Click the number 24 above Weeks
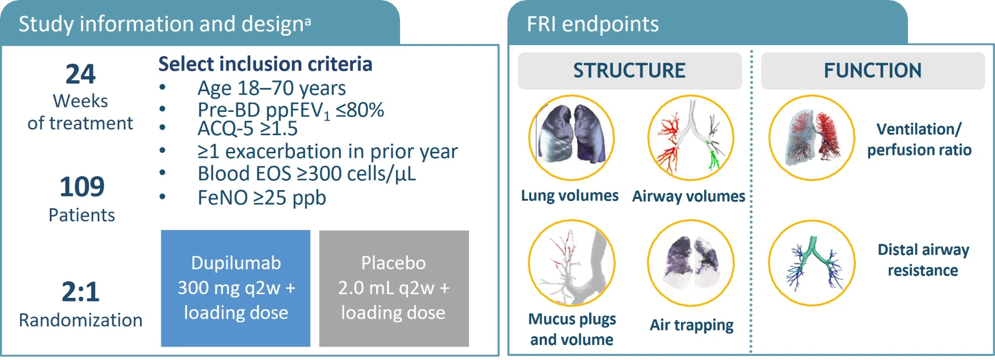pyautogui.click(x=80, y=74)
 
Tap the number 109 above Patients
pyautogui.click(x=82, y=186)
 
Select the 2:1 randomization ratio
pyautogui.click(x=80, y=292)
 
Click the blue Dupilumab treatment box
pyautogui.click(x=236, y=288)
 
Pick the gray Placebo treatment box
pyautogui.click(x=394, y=288)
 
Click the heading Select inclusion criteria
pyautogui.click(x=265, y=64)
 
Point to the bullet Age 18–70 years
pyautogui.click(x=272, y=89)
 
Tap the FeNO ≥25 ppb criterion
pyautogui.click(x=262, y=198)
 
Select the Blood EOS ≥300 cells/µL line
pyautogui.click(x=307, y=174)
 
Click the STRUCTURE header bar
pyautogui.click(x=630, y=71)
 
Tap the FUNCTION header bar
pyautogui.click(x=873, y=71)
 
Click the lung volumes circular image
pyautogui.click(x=571, y=138)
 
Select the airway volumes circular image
pyautogui.click(x=691, y=138)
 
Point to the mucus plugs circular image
pyautogui.click(x=572, y=263)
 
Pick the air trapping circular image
pyautogui.click(x=691, y=263)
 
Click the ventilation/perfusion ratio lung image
pyautogui.click(x=812, y=138)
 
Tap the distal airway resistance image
pyautogui.click(x=812, y=263)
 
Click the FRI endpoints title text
pyautogui.click(x=593, y=24)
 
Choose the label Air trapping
pyautogui.click(x=692, y=325)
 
